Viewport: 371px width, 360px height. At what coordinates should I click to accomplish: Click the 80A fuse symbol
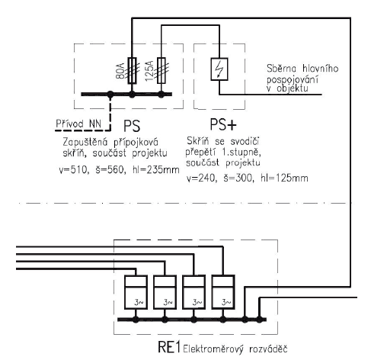click(x=132, y=70)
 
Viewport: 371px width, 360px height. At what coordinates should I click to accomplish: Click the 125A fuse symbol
click(x=162, y=70)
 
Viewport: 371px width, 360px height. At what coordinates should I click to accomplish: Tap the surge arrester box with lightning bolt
click(x=219, y=69)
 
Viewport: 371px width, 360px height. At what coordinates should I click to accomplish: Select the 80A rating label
click(x=121, y=71)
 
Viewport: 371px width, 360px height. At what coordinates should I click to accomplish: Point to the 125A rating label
click(x=149, y=71)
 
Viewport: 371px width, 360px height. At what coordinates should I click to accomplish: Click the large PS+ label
click(x=223, y=124)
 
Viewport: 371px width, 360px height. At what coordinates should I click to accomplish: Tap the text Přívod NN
click(x=78, y=124)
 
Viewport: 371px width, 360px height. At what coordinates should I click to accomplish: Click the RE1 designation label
click(x=169, y=347)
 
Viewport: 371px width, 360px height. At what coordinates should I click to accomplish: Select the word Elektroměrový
click(x=213, y=349)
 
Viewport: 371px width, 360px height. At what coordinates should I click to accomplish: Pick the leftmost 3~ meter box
click(x=136, y=292)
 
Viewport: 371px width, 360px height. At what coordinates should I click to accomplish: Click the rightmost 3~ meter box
click(x=223, y=291)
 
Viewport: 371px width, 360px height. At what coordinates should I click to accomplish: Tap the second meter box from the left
click(x=165, y=292)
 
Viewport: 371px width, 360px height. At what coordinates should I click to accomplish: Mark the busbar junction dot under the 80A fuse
click(x=132, y=95)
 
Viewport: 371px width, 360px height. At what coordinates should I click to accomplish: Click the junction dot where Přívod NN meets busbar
click(x=110, y=95)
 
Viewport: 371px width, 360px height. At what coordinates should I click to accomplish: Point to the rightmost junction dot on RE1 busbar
click(x=259, y=320)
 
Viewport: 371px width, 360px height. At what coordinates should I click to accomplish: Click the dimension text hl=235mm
click(x=156, y=169)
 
